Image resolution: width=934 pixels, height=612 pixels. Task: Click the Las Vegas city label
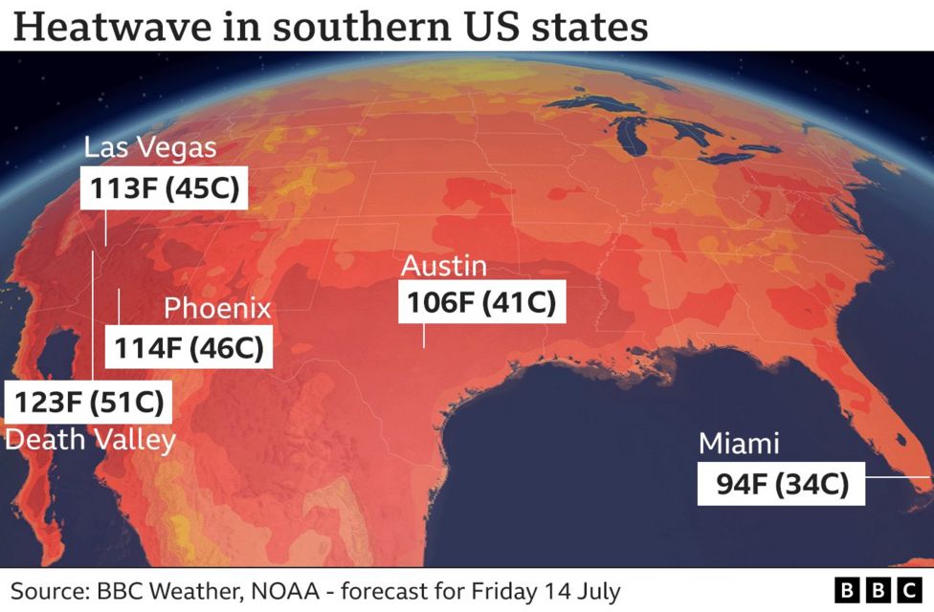(150, 148)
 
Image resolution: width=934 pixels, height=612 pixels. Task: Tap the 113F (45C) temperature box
(164, 188)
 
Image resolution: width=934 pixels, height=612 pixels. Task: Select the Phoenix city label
(217, 309)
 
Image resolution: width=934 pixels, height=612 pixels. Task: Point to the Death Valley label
(91, 440)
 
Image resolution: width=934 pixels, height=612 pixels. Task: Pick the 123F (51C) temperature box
(89, 400)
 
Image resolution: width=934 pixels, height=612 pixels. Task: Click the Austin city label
(444, 266)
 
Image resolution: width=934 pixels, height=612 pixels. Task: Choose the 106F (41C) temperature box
(481, 303)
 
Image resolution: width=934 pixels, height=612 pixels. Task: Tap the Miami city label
(739, 444)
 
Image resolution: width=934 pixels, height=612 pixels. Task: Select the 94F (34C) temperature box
(782, 484)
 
